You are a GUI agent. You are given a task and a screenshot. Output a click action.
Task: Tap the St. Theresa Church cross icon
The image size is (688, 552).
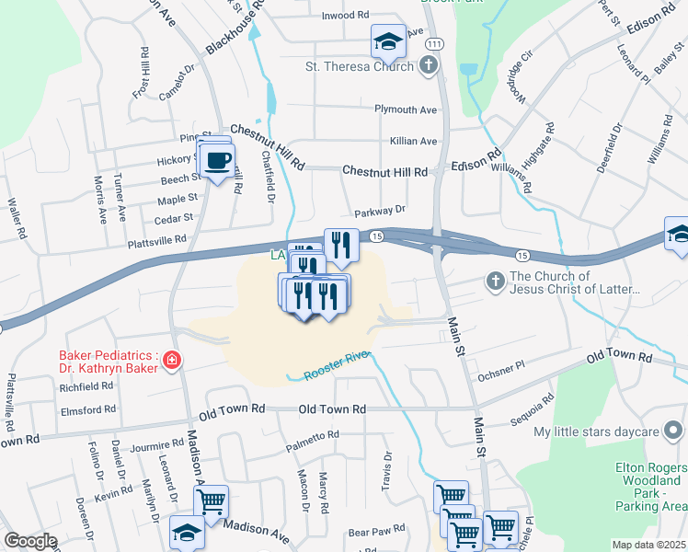click(x=429, y=66)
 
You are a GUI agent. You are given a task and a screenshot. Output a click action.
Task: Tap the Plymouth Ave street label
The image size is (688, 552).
click(x=406, y=109)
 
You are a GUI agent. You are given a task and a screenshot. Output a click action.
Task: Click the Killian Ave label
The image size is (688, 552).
click(x=413, y=141)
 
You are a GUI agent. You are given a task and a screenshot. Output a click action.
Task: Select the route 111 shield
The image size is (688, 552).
click(x=435, y=44)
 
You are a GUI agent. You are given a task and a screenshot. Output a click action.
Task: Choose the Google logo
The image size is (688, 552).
click(x=30, y=541)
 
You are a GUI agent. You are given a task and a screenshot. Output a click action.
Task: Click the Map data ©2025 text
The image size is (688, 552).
click(x=648, y=545)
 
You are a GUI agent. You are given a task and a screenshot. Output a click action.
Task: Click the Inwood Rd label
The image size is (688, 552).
click(x=344, y=17)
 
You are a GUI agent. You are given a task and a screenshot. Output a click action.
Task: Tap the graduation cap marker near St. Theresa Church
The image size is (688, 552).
click(x=388, y=41)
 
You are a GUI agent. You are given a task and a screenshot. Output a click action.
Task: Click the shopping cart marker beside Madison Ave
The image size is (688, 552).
click(x=211, y=502)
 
